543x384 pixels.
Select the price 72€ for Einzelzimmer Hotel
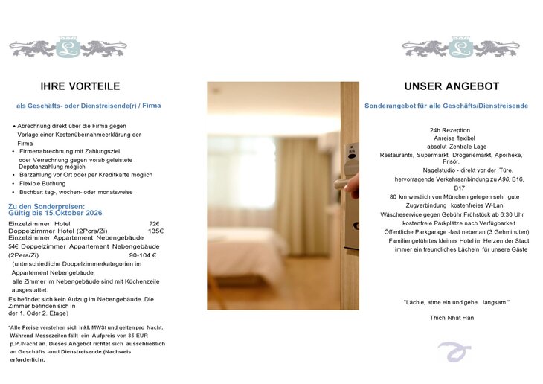coord(154,223)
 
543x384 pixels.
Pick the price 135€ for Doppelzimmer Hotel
coord(155,231)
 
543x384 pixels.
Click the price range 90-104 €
coord(144,255)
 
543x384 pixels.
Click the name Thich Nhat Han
coord(446,318)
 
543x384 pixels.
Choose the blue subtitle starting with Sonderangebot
coord(446,106)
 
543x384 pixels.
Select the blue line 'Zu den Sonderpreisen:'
coord(46,205)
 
